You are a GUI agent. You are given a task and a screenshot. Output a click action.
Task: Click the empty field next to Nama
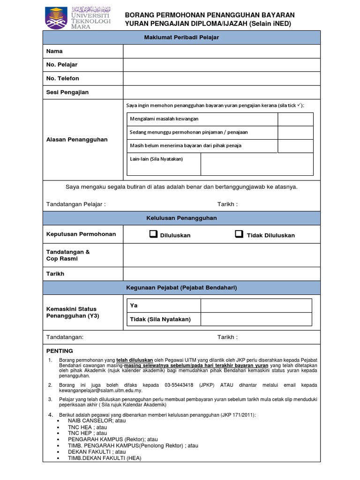click(x=222, y=51)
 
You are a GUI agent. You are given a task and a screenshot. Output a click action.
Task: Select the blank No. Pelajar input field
click(x=222, y=65)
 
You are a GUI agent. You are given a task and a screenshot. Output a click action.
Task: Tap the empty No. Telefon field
click(x=222, y=78)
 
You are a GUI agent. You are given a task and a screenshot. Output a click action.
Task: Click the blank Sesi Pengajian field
click(x=222, y=92)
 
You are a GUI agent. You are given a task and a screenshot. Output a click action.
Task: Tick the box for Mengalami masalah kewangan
click(x=295, y=119)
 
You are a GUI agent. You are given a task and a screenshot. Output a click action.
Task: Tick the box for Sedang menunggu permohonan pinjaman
click(x=295, y=132)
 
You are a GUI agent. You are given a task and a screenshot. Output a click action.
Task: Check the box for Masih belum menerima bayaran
click(x=295, y=146)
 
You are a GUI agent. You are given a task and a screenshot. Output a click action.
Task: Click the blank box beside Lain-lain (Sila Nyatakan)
click(x=257, y=164)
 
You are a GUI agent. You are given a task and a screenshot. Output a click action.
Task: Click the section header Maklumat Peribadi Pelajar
click(x=181, y=37)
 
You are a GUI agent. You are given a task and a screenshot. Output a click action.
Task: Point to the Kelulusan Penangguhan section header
click(x=181, y=218)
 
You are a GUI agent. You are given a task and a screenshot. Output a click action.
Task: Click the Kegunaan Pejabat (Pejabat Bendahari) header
click(x=181, y=287)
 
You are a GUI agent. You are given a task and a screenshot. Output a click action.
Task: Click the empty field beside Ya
click(x=256, y=306)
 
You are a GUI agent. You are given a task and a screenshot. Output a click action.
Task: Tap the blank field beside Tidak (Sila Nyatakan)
click(x=256, y=319)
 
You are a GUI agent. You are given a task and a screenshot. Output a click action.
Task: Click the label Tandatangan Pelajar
click(x=75, y=204)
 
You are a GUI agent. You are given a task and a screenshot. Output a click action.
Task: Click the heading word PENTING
click(x=60, y=351)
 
